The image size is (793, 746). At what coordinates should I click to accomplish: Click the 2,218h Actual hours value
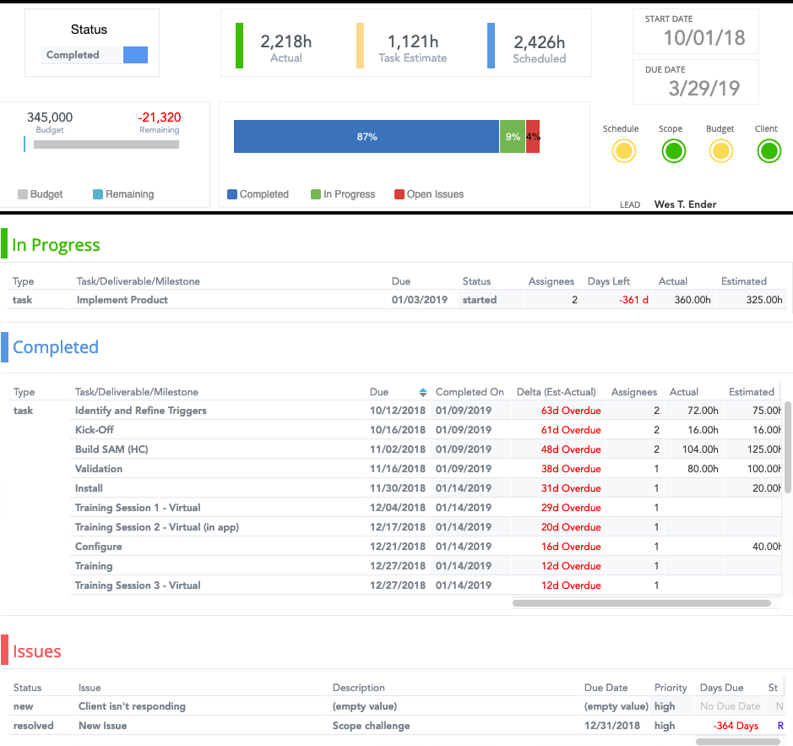(285, 42)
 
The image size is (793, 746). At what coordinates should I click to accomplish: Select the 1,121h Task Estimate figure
(412, 42)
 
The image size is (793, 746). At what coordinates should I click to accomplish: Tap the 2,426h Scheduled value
(539, 42)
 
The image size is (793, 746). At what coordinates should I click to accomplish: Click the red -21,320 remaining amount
(159, 117)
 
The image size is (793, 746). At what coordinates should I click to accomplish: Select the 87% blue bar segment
(367, 136)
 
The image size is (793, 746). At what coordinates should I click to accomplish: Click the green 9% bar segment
(513, 136)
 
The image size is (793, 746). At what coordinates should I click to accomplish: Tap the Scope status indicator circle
(673, 151)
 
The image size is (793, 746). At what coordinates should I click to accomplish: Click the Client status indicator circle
(768, 151)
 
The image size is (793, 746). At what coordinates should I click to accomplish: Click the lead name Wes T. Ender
(685, 204)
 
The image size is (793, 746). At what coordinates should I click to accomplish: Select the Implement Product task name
(122, 300)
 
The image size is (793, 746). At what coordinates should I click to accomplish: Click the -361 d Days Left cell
(633, 300)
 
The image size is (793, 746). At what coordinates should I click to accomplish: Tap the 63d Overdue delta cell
(571, 411)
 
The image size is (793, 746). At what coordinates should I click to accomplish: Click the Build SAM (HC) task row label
(111, 449)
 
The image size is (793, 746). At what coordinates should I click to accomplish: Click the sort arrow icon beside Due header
(423, 392)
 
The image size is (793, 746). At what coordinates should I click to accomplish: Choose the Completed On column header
(470, 392)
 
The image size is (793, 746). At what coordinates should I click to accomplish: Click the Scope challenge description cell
(371, 726)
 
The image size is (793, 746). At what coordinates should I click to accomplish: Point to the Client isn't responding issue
(132, 706)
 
